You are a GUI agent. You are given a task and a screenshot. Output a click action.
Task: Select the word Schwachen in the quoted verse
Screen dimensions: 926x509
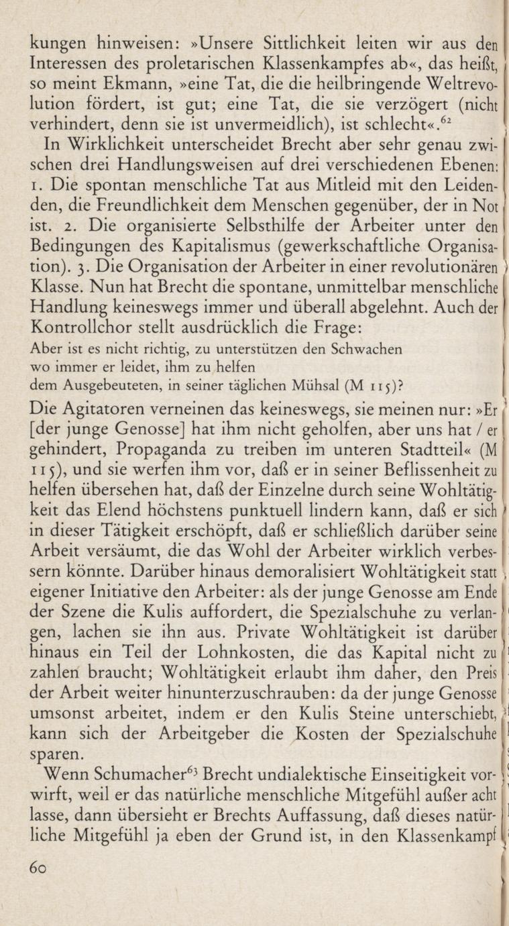[367, 350]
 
